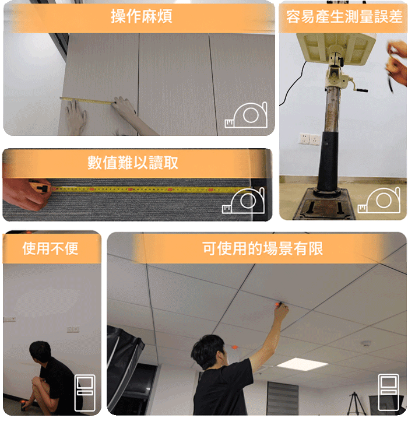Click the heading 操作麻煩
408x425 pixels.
(142, 16)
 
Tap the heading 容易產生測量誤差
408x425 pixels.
(344, 16)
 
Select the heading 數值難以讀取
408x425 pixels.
(133, 163)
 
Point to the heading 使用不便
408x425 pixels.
(50, 248)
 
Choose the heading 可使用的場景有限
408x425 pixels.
(262, 248)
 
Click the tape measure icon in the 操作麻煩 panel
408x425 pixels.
(246, 115)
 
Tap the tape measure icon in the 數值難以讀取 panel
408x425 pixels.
(243, 201)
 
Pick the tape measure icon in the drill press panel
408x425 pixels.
(379, 201)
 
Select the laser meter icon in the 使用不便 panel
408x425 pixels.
(85, 392)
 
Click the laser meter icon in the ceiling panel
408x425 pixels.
(389, 392)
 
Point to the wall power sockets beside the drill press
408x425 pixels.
(310, 139)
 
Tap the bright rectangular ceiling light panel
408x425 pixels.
(302, 363)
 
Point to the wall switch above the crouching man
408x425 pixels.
(73, 329)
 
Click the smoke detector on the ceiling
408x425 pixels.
(366, 343)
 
